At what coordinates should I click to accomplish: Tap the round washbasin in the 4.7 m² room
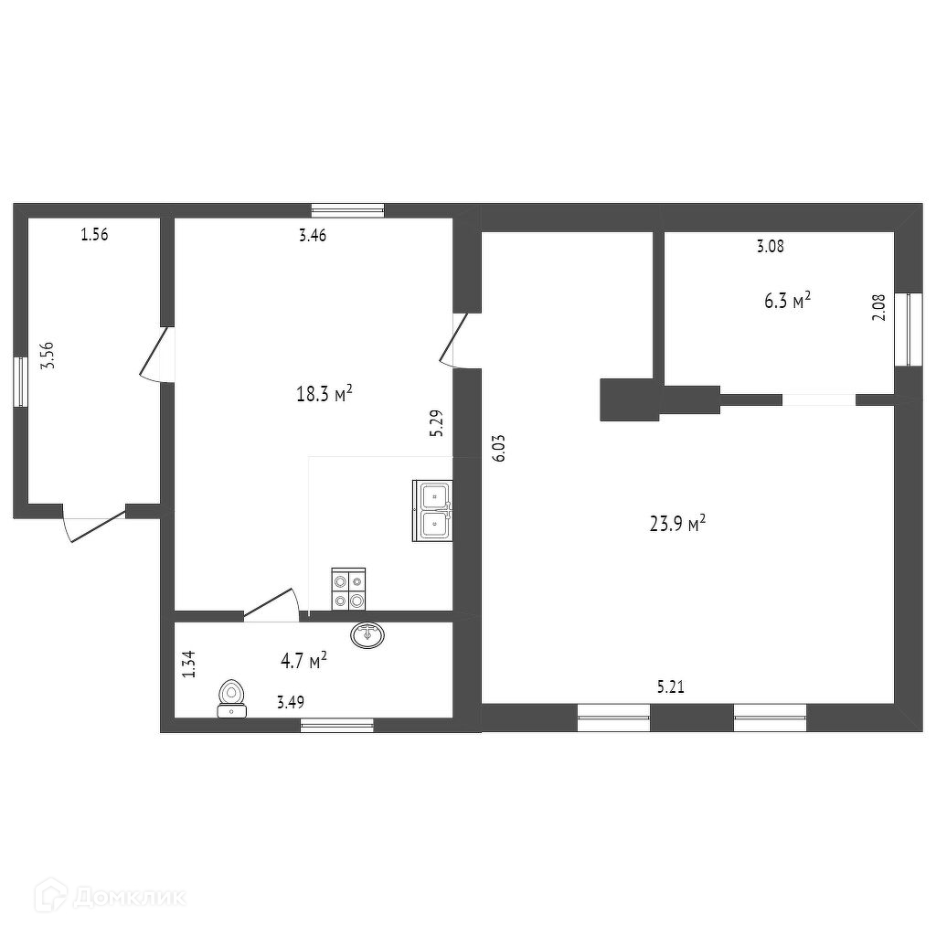(367, 634)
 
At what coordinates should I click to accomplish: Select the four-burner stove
(348, 589)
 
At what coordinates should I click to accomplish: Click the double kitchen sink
(432, 510)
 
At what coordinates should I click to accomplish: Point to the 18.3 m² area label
(324, 394)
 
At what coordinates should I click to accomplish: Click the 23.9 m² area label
(677, 524)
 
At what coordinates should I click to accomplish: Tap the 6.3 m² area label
(787, 300)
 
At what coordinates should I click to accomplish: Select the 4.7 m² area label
(303, 660)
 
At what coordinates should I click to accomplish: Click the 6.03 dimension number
(500, 448)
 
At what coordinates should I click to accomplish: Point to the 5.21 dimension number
(670, 687)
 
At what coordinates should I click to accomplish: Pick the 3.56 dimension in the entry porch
(48, 356)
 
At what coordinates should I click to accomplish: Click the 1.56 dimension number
(94, 235)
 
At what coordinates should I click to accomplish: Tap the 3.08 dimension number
(770, 246)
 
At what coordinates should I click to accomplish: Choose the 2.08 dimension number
(879, 308)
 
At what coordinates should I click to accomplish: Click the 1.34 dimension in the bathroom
(189, 664)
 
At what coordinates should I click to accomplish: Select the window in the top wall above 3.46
(348, 210)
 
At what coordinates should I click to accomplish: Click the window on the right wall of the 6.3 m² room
(908, 329)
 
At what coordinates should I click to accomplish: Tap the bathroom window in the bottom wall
(336, 725)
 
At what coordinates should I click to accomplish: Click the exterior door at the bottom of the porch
(94, 526)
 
